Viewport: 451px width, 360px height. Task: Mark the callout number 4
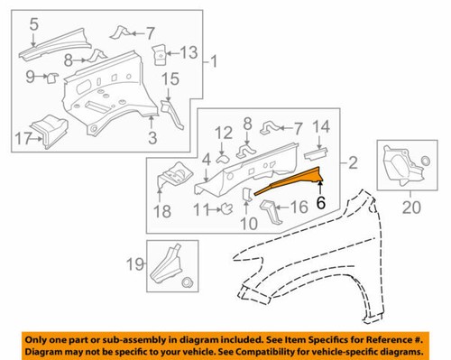(x=207, y=161)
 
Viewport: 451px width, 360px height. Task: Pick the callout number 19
(x=133, y=265)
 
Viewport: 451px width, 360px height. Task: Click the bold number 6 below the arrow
(x=320, y=205)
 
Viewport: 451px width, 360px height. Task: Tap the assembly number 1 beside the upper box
(x=213, y=63)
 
